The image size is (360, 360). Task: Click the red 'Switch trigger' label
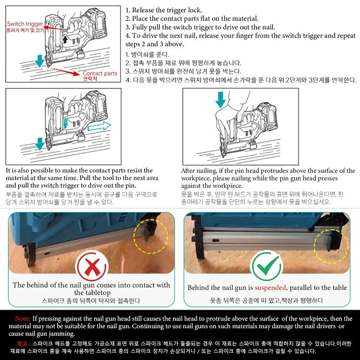[25, 24]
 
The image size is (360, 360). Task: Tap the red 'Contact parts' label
[100, 73]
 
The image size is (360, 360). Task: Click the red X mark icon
[92, 266]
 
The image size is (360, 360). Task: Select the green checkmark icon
[267, 266]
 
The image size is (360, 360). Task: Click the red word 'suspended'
[270, 287]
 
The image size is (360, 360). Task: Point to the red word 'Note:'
[23, 318]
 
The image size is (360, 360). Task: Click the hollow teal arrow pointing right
[99, 126]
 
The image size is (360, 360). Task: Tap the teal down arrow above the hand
[220, 100]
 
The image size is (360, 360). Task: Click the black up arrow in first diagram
[65, 39]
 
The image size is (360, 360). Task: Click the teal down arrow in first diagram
[40, 61]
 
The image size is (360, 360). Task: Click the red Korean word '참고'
[22, 344]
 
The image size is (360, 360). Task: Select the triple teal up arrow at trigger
[65, 123]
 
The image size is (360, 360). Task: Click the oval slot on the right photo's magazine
[216, 240]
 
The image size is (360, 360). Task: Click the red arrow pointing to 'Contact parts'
[65, 71]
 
